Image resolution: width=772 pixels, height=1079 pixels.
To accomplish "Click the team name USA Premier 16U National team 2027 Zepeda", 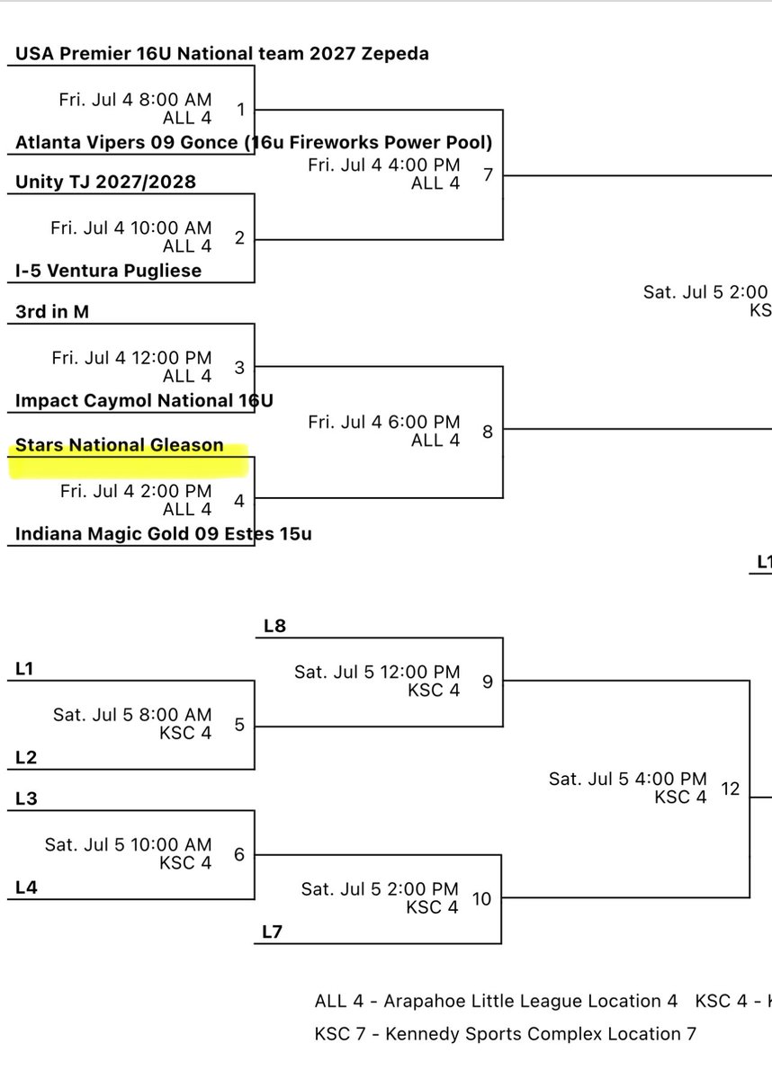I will (x=221, y=54).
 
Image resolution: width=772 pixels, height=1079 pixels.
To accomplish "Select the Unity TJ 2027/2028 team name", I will (x=105, y=183).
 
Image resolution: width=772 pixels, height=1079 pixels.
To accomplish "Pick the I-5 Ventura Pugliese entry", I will (x=108, y=271).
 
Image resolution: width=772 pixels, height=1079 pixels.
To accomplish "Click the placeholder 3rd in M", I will (x=52, y=312).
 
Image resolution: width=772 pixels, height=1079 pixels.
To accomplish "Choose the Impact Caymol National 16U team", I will (x=144, y=400).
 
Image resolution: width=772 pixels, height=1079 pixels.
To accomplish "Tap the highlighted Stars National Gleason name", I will (x=119, y=445).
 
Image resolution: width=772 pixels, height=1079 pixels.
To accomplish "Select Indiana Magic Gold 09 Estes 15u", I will (x=164, y=534).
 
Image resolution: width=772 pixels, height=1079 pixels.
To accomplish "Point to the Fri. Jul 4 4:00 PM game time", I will (x=383, y=165).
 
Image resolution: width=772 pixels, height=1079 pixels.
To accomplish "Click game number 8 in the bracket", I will (x=488, y=432).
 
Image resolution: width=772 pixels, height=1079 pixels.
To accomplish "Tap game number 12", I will (x=730, y=789).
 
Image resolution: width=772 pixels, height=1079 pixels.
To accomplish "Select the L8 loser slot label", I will (x=274, y=627).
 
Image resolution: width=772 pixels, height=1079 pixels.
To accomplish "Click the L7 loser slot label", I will (x=273, y=932).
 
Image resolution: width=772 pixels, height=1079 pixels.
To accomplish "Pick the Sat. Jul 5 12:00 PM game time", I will (x=377, y=673).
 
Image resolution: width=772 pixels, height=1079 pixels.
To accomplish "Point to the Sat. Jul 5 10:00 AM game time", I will (x=129, y=845).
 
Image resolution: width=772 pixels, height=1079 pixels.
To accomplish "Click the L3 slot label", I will (x=27, y=799).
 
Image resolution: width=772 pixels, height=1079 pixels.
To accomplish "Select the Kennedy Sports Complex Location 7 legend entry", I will (x=505, y=1034).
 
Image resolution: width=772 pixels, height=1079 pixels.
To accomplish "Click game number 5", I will (x=239, y=724).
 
